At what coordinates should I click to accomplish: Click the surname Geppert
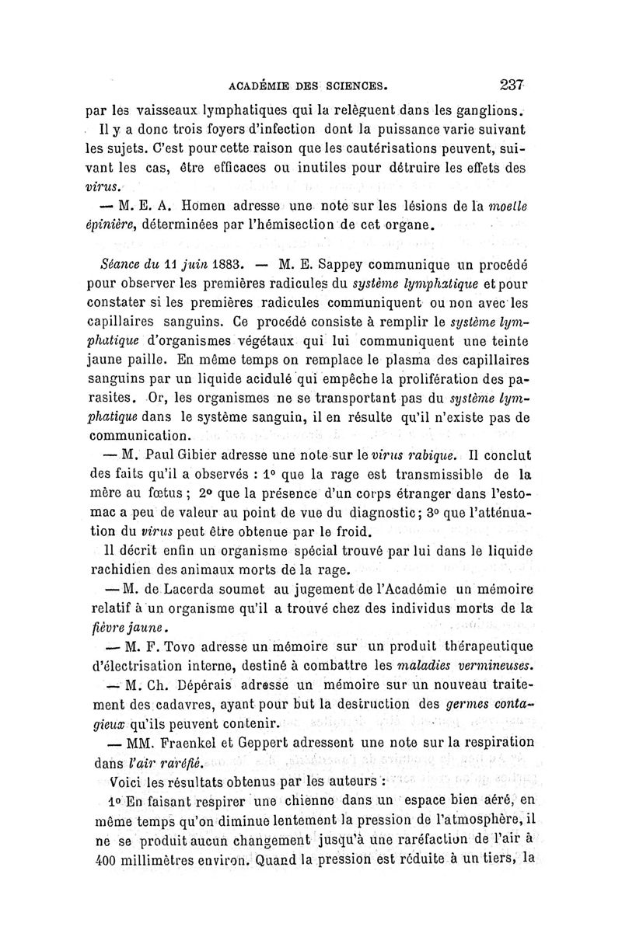pos(291,744)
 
